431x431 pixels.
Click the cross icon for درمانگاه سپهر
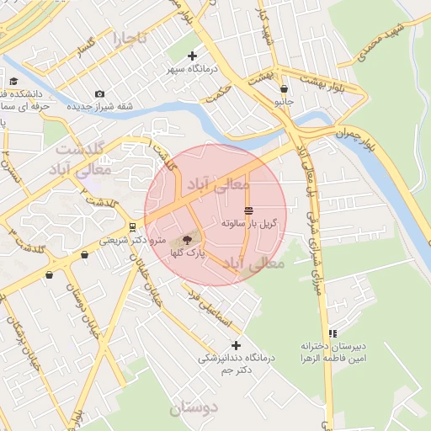tap(193, 56)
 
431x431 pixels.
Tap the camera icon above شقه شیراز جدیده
tap(100, 93)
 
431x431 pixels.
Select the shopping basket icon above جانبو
tap(285, 88)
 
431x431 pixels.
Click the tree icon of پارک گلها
tap(187, 240)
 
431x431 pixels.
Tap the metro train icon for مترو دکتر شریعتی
tap(132, 226)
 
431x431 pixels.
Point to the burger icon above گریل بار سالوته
tap(248, 210)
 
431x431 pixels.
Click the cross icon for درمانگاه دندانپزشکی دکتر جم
tap(236, 345)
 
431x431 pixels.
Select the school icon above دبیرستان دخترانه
tap(333, 333)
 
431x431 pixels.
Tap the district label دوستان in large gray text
tap(193, 409)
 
